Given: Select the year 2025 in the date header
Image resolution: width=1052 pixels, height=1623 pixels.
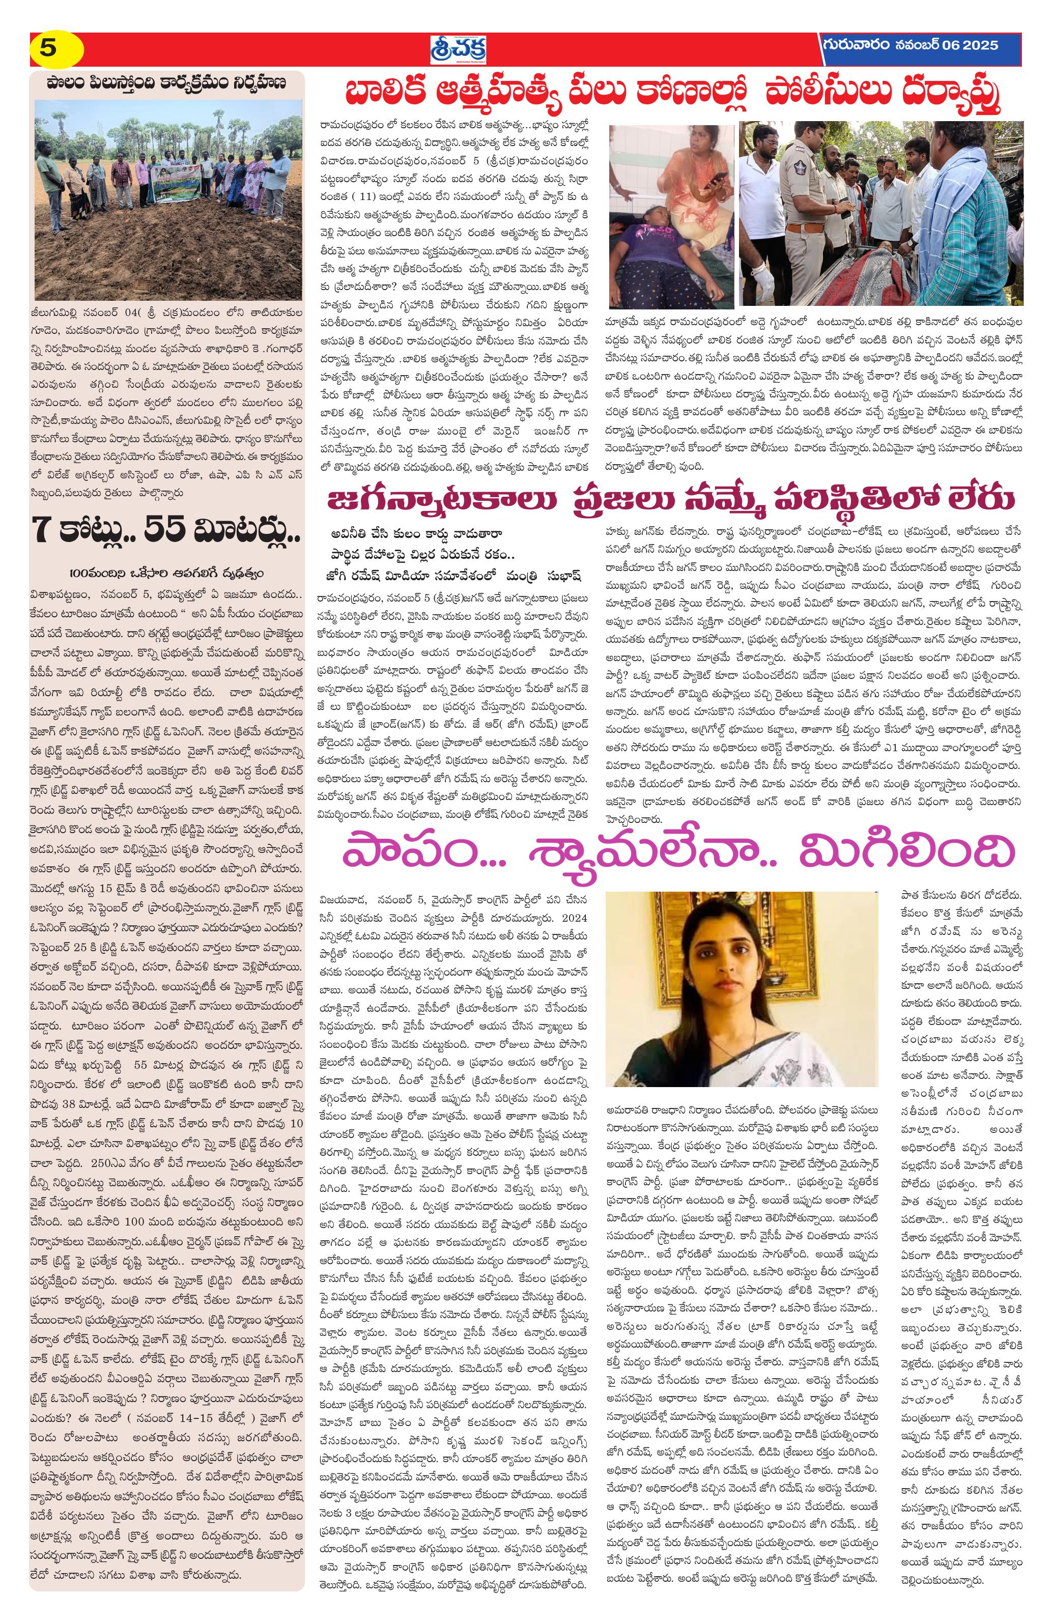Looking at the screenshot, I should coord(979,46).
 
